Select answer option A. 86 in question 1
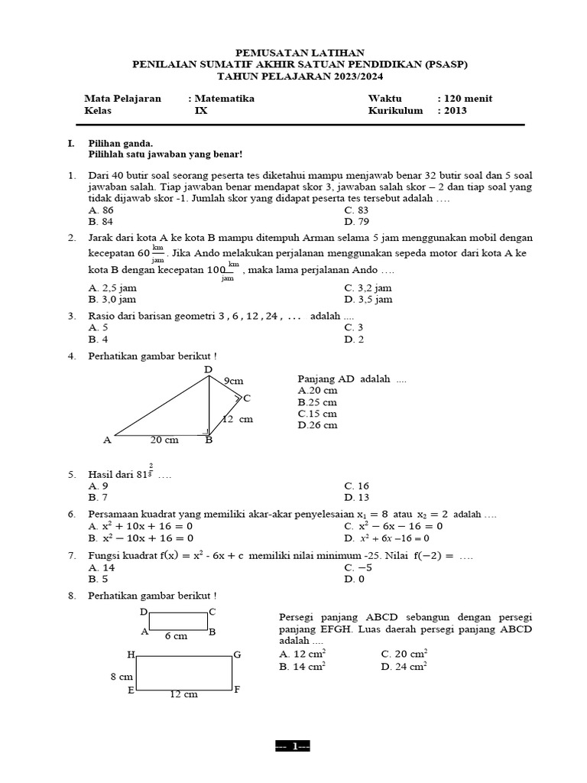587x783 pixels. click(x=101, y=210)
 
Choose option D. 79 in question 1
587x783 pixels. click(x=356, y=221)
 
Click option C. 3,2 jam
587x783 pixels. click(x=368, y=288)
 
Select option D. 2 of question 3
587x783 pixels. click(x=353, y=339)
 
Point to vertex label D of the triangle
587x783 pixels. click(x=208, y=370)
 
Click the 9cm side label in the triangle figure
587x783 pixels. click(x=233, y=380)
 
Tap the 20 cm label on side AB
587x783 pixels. click(x=165, y=440)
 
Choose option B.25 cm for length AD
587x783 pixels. click(x=317, y=402)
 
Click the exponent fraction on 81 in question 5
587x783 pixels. click(x=151, y=469)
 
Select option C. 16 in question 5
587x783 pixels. click(x=357, y=486)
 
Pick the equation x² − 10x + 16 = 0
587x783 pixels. click(x=141, y=538)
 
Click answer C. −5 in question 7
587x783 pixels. click(x=358, y=568)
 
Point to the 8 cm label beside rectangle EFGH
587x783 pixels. click(x=122, y=677)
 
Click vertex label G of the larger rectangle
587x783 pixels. click(x=237, y=655)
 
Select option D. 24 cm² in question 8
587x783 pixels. click(x=404, y=666)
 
